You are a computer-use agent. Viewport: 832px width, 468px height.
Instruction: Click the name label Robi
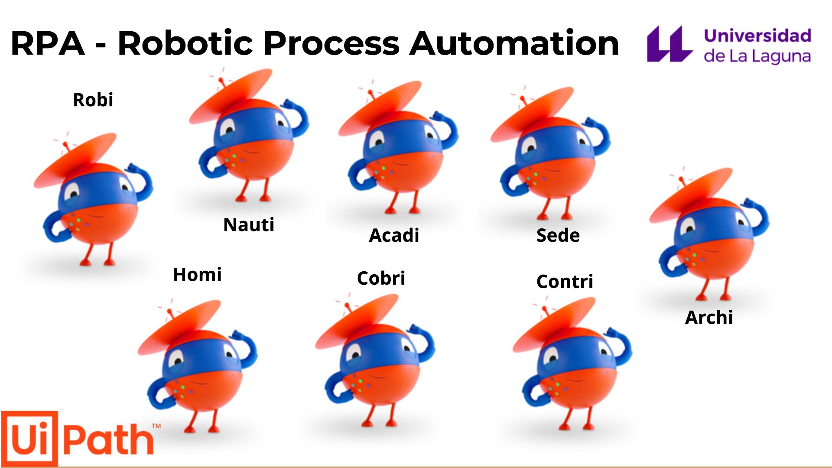(93, 100)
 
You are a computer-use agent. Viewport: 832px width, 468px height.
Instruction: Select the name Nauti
(249, 225)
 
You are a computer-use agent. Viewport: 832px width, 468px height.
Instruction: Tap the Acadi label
(394, 235)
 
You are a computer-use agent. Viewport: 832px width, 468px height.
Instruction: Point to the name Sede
(558, 235)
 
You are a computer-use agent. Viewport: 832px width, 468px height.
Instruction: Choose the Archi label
(709, 318)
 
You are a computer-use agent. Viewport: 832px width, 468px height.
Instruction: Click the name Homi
(197, 275)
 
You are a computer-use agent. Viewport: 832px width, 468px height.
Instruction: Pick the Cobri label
(381, 278)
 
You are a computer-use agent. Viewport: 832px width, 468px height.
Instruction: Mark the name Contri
(565, 282)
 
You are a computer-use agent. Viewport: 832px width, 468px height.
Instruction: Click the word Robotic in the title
(185, 43)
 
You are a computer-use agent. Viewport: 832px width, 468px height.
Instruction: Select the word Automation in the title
(514, 43)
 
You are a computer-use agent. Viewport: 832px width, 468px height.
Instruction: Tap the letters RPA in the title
(47, 43)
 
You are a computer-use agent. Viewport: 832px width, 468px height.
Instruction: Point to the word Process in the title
(331, 44)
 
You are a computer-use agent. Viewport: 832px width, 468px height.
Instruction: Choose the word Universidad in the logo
(757, 36)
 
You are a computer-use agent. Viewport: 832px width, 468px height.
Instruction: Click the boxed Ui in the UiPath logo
(29, 438)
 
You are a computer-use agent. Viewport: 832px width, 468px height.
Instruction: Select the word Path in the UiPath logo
(108, 440)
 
